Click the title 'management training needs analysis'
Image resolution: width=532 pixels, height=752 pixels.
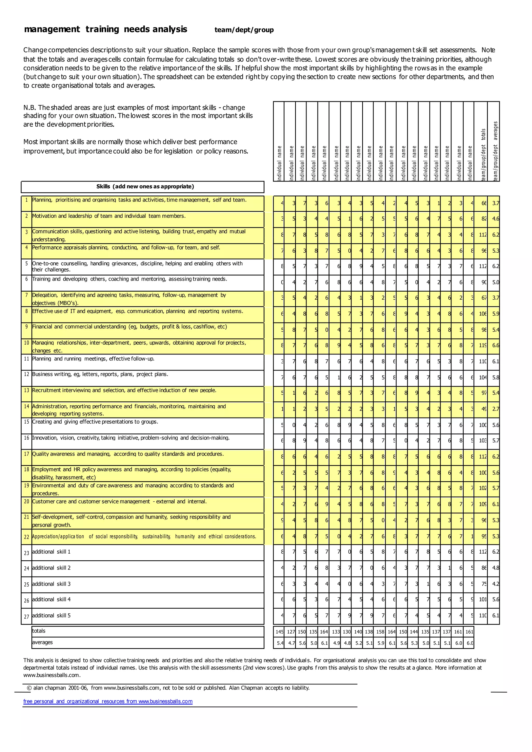pos(105,30)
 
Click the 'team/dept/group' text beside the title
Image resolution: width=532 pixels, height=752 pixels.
pos(244,30)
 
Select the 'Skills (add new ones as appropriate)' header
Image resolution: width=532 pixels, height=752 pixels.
pos(145,187)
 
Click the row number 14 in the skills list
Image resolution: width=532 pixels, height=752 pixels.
pos(26,406)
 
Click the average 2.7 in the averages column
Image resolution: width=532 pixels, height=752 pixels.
pos(496,409)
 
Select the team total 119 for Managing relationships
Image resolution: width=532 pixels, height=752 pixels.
pos(483,346)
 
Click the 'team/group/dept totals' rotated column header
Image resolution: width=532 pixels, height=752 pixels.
pos(483,154)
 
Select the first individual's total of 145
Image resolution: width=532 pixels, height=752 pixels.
pos(280,632)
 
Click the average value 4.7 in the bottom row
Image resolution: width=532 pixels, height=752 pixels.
pos(291,643)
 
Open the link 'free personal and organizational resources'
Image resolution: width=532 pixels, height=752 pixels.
pos(108,702)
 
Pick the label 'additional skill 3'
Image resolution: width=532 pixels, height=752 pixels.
pos(51,584)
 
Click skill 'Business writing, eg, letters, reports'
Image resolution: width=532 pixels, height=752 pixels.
pos(100,374)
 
